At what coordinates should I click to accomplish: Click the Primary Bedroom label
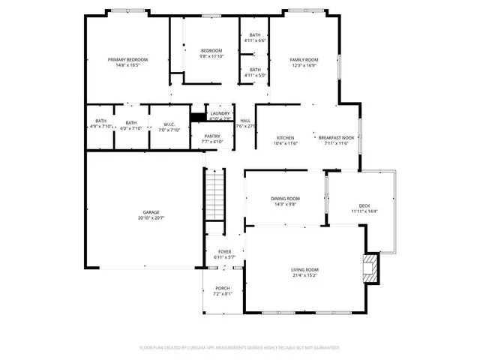coord(127,59)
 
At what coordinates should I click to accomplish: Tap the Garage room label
coord(151,212)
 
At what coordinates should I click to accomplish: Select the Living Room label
coord(305,269)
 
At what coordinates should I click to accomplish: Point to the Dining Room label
coord(285,198)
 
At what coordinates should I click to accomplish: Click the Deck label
coord(364,205)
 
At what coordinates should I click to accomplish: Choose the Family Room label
coord(304,59)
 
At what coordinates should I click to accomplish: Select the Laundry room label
coord(220,113)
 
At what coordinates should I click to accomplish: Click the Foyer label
coord(225,252)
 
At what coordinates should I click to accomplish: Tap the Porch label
coord(223,288)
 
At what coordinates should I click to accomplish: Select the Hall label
coord(245,121)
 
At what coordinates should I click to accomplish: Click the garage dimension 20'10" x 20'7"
coord(151,218)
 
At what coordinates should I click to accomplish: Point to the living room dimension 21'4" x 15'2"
coord(305,275)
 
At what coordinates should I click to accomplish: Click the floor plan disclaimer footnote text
coord(240,347)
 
